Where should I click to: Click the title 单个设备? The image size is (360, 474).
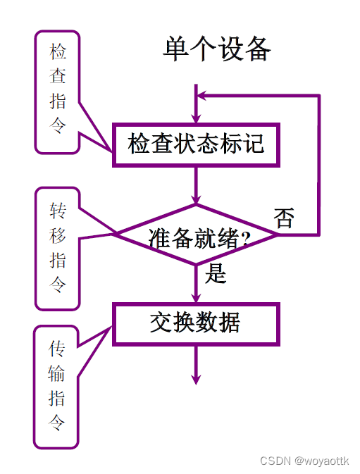(217, 50)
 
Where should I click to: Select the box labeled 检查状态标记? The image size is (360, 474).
(196, 144)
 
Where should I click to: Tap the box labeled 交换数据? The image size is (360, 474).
(196, 323)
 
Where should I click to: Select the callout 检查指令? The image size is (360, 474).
(58, 92)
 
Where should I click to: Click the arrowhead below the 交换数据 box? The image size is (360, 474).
(196, 378)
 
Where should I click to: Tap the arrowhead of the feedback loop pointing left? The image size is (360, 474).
(201, 95)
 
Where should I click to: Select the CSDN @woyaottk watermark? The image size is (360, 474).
(304, 461)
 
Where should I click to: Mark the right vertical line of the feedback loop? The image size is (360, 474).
(319, 162)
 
